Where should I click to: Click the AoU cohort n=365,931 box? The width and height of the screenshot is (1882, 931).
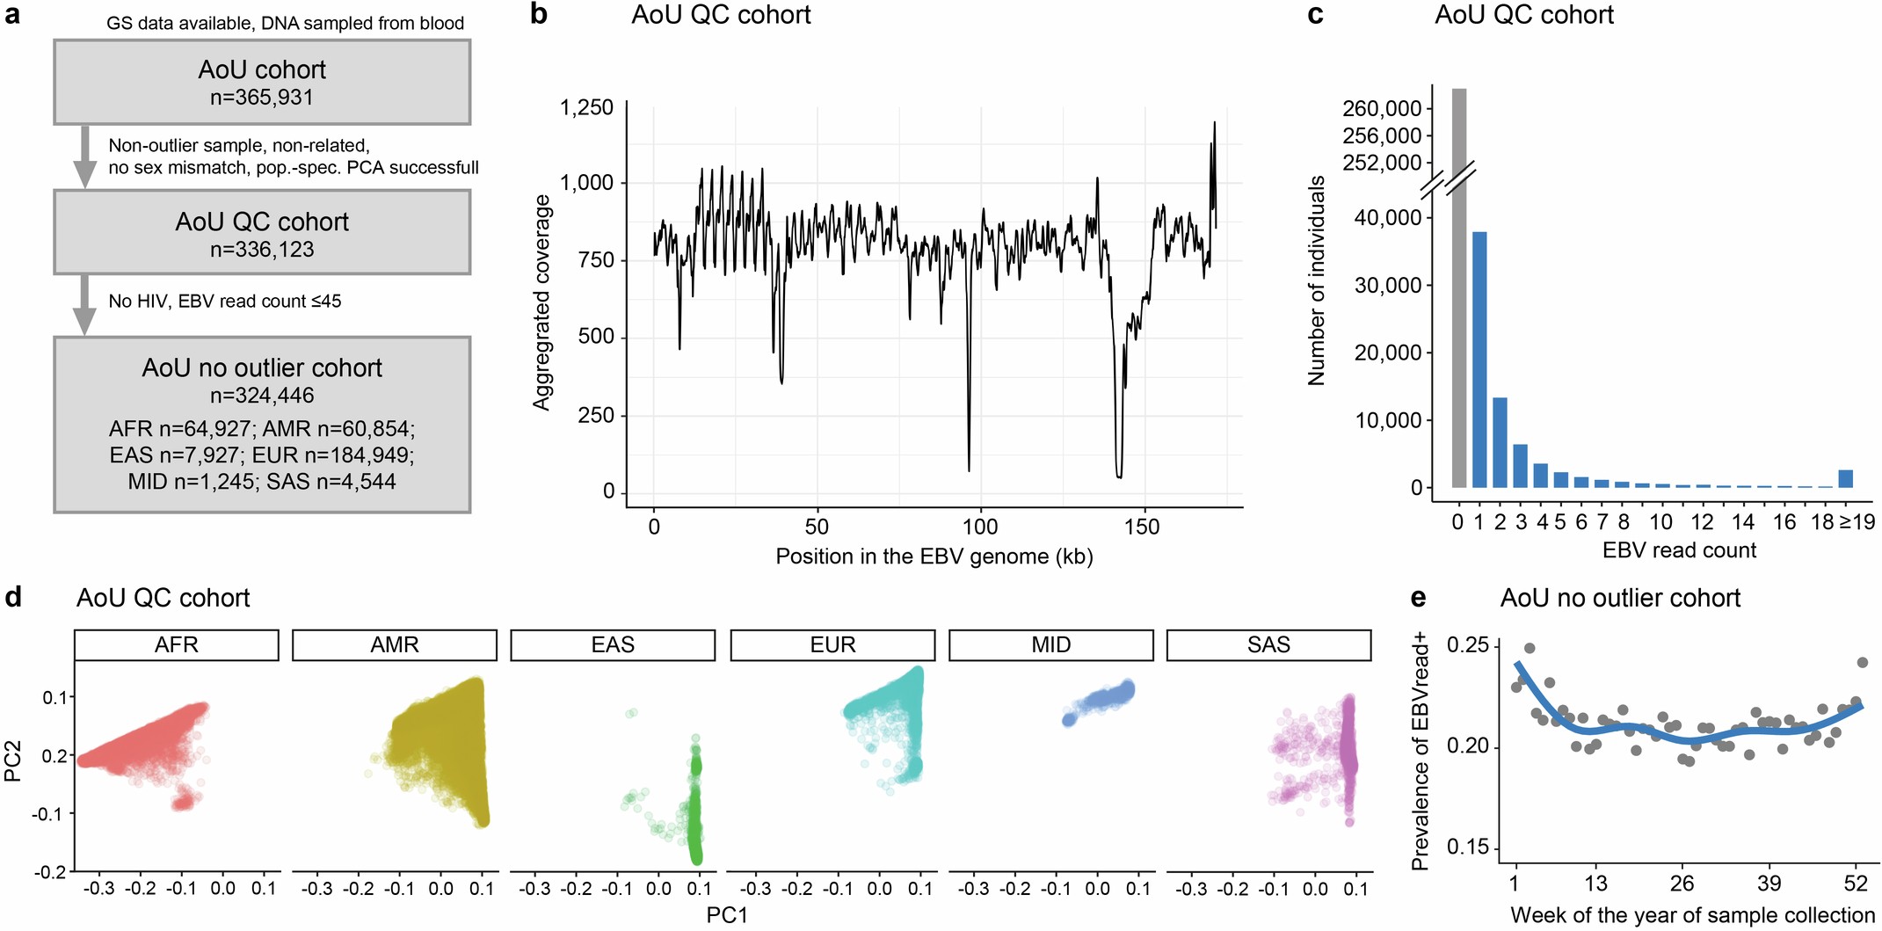(x=262, y=82)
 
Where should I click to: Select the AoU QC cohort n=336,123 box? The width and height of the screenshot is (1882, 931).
(x=262, y=233)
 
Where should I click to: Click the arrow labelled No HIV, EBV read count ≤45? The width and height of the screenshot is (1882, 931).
(x=84, y=304)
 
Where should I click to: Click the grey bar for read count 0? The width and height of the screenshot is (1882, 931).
(x=1458, y=290)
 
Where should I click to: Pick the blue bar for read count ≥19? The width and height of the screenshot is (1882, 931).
(x=1846, y=478)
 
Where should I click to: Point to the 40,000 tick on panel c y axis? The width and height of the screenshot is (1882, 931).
(x=1387, y=217)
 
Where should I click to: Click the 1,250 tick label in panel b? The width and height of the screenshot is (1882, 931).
(x=586, y=107)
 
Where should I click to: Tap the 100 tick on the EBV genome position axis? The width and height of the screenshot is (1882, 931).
(x=980, y=527)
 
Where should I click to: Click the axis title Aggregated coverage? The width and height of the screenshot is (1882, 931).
(x=541, y=302)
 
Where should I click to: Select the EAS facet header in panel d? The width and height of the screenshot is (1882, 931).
(x=613, y=645)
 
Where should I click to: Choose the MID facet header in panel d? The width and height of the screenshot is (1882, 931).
(x=1051, y=645)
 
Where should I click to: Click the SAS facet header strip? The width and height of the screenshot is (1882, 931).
(x=1268, y=645)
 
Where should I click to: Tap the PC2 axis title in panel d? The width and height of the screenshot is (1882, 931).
(x=13, y=761)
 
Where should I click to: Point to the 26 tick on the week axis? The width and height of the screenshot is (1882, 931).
(x=1682, y=884)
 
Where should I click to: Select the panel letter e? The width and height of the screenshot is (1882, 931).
(x=1418, y=598)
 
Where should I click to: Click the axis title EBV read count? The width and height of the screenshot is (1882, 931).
(x=1679, y=550)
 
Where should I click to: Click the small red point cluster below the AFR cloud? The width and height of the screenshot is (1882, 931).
(x=183, y=801)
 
